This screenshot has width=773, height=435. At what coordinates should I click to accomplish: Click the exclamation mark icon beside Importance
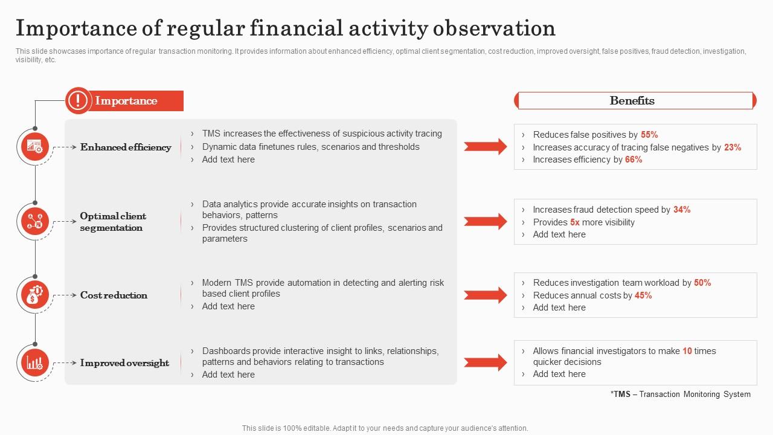pyautogui.click(x=78, y=100)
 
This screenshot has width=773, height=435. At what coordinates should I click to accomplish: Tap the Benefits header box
pyautogui.click(x=635, y=100)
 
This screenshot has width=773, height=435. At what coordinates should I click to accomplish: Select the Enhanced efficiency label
pyautogui.click(x=126, y=147)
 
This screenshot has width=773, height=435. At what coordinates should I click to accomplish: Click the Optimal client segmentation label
pyautogui.click(x=113, y=222)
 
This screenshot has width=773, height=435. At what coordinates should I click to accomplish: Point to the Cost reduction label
pyautogui.click(x=114, y=295)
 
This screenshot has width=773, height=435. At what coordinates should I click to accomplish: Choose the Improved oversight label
pyautogui.click(x=124, y=363)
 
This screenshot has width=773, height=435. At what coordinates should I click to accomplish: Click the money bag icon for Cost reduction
pyautogui.click(x=35, y=295)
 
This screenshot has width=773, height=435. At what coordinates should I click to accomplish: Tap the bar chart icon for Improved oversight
pyautogui.click(x=35, y=363)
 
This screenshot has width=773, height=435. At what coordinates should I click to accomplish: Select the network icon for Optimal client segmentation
pyautogui.click(x=35, y=221)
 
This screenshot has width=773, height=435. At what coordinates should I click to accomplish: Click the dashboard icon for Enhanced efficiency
pyautogui.click(x=35, y=147)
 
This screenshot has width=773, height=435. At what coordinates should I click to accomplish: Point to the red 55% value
pyautogui.click(x=649, y=134)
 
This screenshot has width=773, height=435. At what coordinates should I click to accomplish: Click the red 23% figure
pyautogui.click(x=733, y=147)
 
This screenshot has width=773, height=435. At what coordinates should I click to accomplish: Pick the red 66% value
pyautogui.click(x=633, y=159)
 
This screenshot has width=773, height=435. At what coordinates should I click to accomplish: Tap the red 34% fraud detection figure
pyautogui.click(x=682, y=210)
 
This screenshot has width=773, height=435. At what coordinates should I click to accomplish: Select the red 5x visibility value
pyautogui.click(x=574, y=222)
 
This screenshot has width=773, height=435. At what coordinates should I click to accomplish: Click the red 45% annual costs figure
pyautogui.click(x=643, y=295)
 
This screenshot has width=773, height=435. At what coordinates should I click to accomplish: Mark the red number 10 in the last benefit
pyautogui.click(x=687, y=351)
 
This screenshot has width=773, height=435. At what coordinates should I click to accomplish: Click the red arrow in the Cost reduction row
pyautogui.click(x=485, y=295)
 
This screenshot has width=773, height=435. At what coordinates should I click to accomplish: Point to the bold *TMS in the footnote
pyautogui.click(x=620, y=394)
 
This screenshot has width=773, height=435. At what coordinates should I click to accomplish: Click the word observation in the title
pyautogui.click(x=494, y=28)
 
